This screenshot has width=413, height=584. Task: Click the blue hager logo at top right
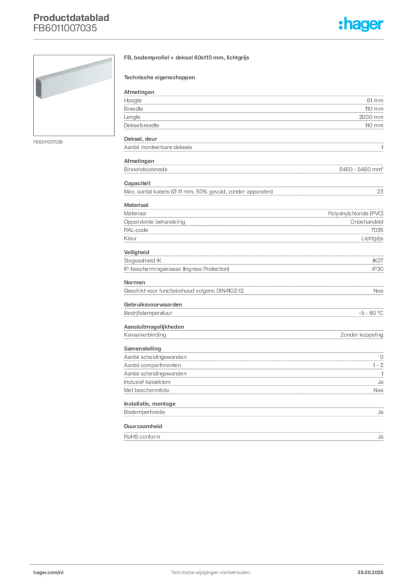point(362,25)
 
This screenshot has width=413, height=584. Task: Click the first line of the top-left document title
point(72,12)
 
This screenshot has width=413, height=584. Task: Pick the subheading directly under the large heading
point(160,77)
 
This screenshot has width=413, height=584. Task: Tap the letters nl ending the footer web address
point(62,571)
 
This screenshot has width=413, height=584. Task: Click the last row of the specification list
point(253,436)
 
